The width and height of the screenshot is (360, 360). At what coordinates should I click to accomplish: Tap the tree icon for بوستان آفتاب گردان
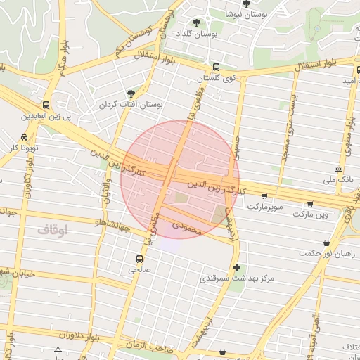click(x=131, y=94)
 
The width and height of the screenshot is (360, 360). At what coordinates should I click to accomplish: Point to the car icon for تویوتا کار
click(x=25, y=137)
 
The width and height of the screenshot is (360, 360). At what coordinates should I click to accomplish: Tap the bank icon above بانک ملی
click(x=339, y=169)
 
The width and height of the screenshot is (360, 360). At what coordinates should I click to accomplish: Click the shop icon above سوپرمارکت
click(x=264, y=197)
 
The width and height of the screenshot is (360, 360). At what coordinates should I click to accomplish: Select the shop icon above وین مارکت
click(x=311, y=202)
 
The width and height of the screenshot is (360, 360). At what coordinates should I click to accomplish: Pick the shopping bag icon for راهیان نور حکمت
click(x=326, y=243)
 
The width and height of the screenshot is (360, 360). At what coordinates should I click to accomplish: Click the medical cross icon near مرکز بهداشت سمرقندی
click(x=236, y=267)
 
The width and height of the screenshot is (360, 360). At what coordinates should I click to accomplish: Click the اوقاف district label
click(x=52, y=230)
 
